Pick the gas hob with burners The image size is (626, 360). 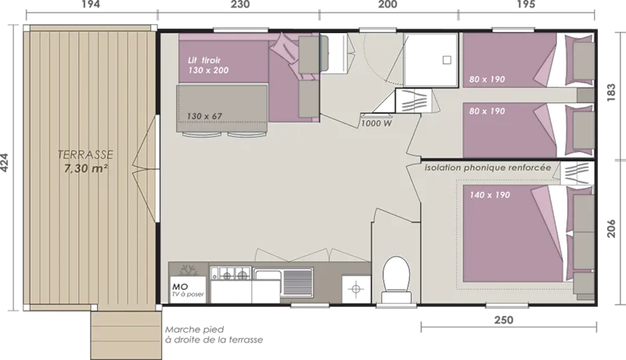click(231, 274)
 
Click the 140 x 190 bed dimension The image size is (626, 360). click(489, 194)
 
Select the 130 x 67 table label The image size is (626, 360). click(205, 116)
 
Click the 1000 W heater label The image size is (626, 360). click(376, 123)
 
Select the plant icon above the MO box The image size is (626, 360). click(188, 268)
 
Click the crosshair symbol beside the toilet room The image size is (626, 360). click(357, 289)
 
